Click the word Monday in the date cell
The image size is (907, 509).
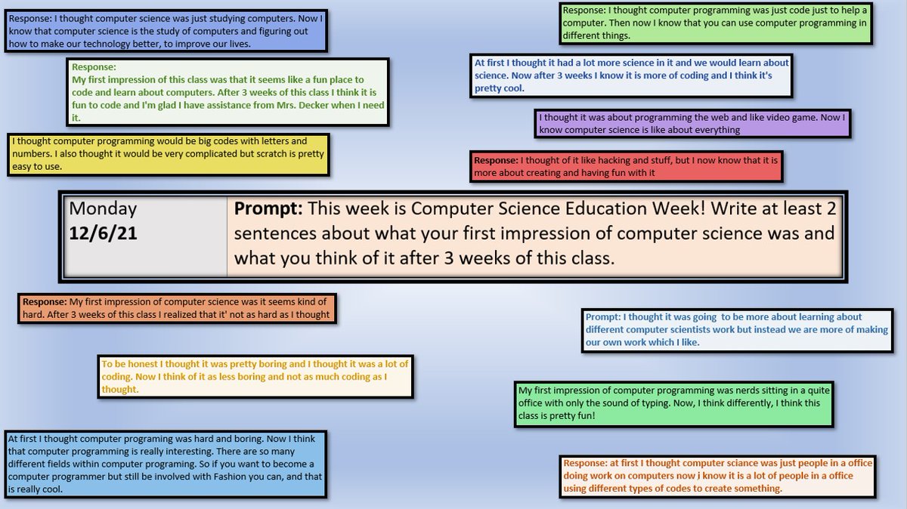[103, 208]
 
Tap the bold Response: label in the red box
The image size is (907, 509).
[495, 161]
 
